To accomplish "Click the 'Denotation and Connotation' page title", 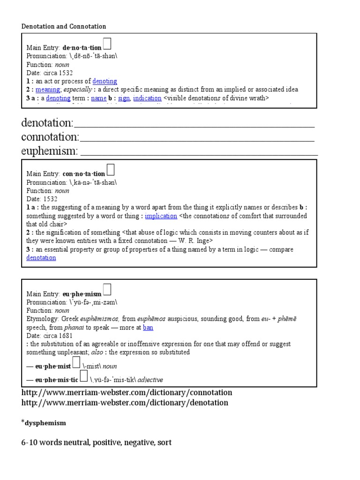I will (64, 26).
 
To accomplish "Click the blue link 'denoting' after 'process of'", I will (105, 81).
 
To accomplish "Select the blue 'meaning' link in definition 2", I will (47, 90).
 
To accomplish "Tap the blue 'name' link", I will (98, 98).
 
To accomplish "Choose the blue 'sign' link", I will (124, 98).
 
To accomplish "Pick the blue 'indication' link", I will (147, 98).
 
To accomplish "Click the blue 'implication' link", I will (161, 216).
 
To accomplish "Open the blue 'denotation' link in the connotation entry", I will (41, 257).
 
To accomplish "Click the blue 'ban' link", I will (148, 327).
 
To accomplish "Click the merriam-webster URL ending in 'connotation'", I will (127, 392).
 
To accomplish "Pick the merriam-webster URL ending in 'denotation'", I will (125, 403).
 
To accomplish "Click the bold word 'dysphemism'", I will (45, 423).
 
